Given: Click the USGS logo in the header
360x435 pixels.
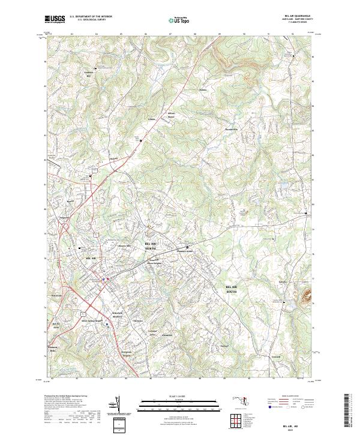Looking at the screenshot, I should [x=55, y=19].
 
